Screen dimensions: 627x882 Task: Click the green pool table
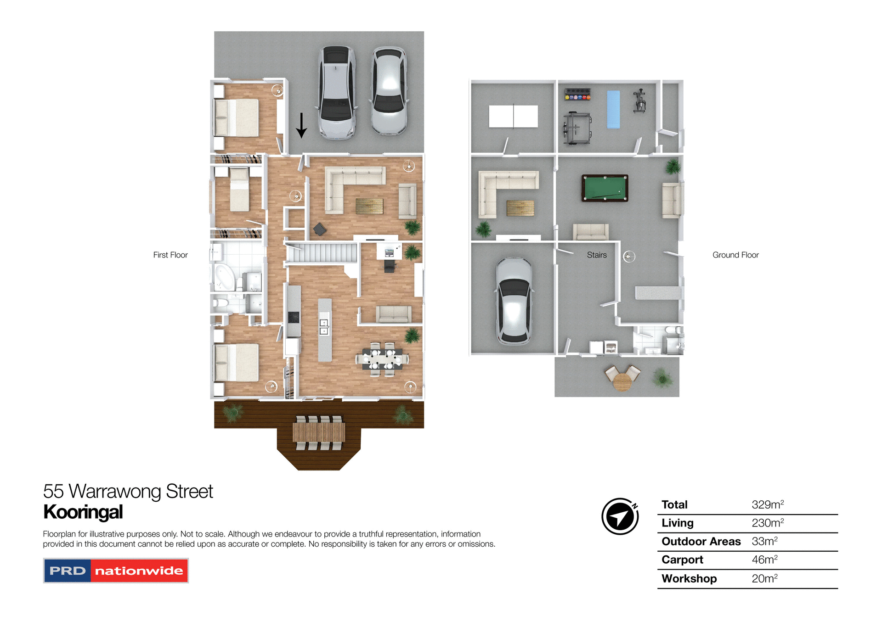(x=605, y=188)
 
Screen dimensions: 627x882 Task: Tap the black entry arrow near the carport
(x=301, y=125)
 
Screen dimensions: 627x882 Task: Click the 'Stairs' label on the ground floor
(x=596, y=255)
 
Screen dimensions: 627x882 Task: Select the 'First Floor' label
(x=170, y=255)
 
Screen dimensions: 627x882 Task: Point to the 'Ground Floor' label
(x=735, y=255)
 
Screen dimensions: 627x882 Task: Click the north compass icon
(x=620, y=516)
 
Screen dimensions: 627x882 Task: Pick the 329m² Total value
(x=767, y=504)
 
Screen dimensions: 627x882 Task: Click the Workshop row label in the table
(x=689, y=578)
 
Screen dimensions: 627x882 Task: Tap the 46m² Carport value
(x=764, y=560)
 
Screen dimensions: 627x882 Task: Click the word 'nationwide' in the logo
(x=139, y=571)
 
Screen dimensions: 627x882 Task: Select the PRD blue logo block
(x=68, y=571)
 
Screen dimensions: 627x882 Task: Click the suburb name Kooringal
(x=83, y=512)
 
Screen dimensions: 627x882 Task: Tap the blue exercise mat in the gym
(x=613, y=109)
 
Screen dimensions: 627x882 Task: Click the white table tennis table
(x=513, y=116)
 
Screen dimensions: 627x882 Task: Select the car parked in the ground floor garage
(x=514, y=301)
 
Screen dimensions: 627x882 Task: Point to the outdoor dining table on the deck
(x=319, y=432)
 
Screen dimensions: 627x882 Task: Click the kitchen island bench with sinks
(x=324, y=329)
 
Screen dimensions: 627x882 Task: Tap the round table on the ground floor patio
(x=622, y=381)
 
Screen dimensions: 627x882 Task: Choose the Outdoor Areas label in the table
(x=701, y=541)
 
